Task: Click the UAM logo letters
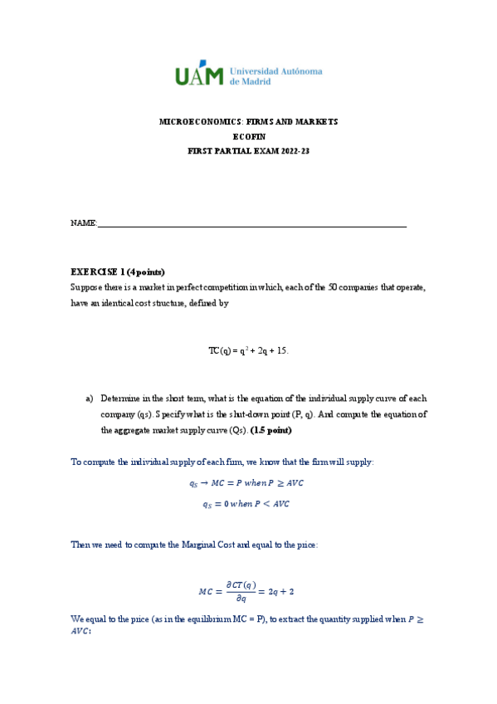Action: click(x=198, y=76)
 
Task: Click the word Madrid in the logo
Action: click(x=256, y=82)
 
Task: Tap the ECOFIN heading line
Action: click(x=248, y=137)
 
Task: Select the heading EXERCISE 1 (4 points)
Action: click(x=118, y=272)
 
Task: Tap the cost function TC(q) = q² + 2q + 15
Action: click(x=248, y=351)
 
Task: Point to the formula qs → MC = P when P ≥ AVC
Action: click(x=248, y=484)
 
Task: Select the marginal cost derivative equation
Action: click(x=247, y=592)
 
